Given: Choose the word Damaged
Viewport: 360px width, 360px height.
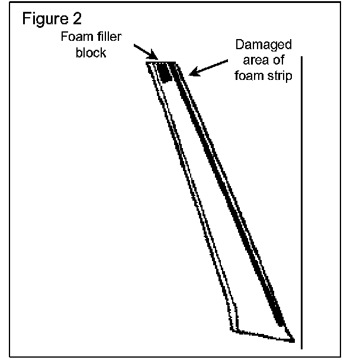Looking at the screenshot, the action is coord(259,45).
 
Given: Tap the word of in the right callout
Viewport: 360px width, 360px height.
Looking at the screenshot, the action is coord(278,60).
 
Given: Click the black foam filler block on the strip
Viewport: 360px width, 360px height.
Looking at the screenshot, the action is coord(165,72).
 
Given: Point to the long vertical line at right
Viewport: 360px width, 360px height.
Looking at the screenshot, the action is coord(303,201).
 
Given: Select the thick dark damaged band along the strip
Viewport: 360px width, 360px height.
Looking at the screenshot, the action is coord(231,195).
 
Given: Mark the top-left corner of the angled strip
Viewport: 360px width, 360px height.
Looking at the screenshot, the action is coord(148,62).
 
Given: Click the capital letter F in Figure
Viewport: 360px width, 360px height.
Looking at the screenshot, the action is coord(27,20).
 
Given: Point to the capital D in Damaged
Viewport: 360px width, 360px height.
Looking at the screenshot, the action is coord(240,45).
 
